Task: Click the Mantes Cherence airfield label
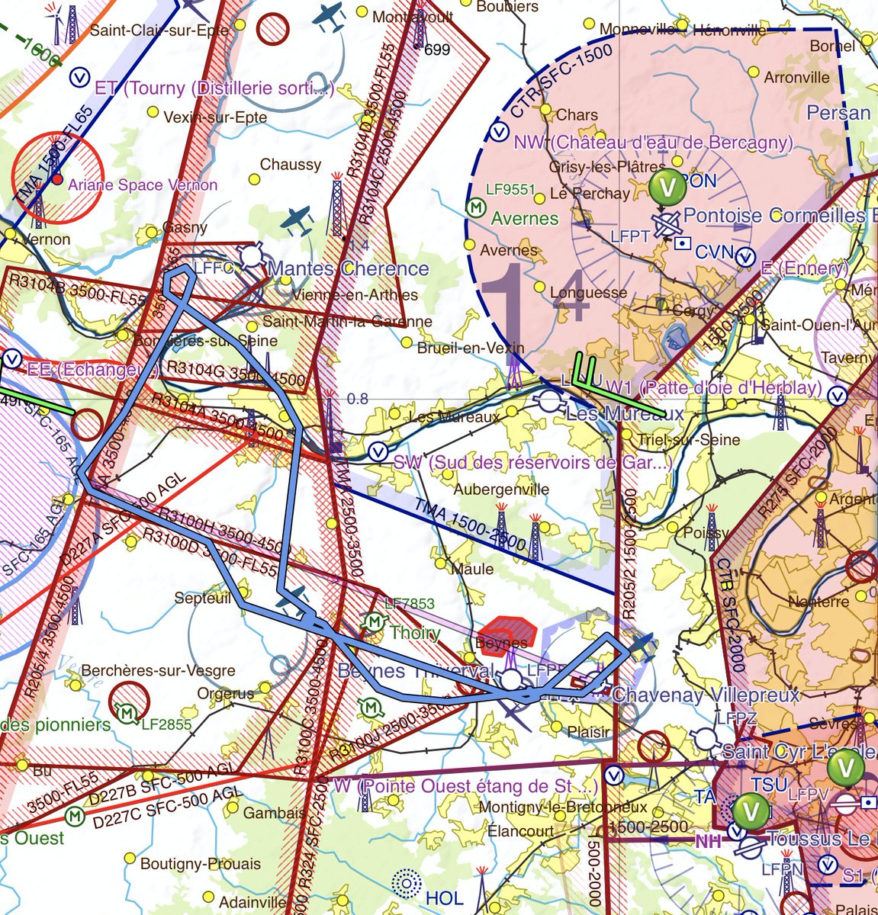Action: click(349, 268)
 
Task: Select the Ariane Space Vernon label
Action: click(143, 185)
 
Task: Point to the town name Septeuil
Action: click(202, 599)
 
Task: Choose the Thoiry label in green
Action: click(415, 633)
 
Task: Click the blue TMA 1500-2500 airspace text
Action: click(471, 525)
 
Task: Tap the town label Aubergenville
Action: click(501, 490)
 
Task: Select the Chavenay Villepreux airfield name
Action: click(706, 695)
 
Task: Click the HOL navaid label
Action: click(444, 897)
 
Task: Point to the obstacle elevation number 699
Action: click(436, 50)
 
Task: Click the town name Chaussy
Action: click(291, 165)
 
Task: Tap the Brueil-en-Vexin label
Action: click(471, 348)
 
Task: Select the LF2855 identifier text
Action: click(166, 724)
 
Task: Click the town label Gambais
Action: click(275, 814)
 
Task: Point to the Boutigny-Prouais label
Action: click(200, 864)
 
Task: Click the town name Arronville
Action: click(797, 78)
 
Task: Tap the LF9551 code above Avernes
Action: click(511, 190)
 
